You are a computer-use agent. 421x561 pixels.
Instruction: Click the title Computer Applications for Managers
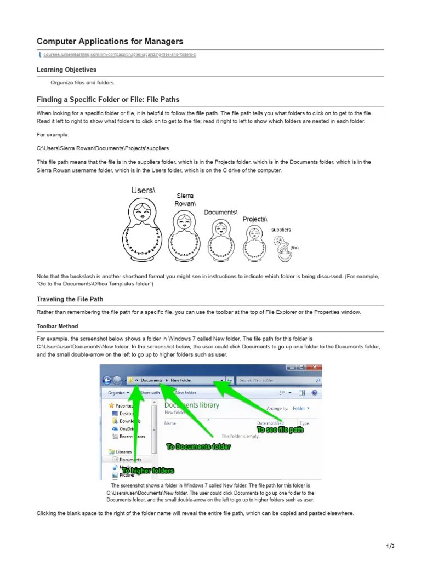click(x=110, y=42)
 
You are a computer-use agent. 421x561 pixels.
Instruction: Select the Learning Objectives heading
click(x=66, y=70)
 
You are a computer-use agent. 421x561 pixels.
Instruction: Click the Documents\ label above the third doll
click(x=220, y=212)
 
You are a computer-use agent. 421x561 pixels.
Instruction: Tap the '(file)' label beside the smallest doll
click(x=294, y=248)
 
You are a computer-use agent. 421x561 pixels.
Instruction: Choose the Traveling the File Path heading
click(x=70, y=299)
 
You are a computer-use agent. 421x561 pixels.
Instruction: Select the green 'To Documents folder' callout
click(x=199, y=447)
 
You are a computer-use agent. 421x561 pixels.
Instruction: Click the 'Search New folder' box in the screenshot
click(x=277, y=380)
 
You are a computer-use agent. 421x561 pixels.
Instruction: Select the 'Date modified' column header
click(x=270, y=423)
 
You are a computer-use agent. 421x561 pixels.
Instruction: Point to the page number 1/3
click(x=390, y=546)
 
